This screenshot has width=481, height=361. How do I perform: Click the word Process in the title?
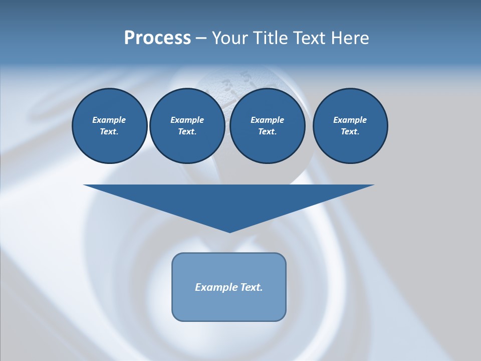point(157,38)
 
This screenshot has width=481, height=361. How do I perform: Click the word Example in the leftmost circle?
point(109,120)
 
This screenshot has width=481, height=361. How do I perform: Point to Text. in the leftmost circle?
point(109,132)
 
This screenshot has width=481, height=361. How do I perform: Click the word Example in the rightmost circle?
point(350,120)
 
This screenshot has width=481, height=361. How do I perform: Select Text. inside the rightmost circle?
point(350,132)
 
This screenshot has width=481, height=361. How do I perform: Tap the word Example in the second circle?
point(187,120)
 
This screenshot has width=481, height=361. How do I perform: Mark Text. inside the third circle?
point(267,132)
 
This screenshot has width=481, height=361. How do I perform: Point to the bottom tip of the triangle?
point(229,231)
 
